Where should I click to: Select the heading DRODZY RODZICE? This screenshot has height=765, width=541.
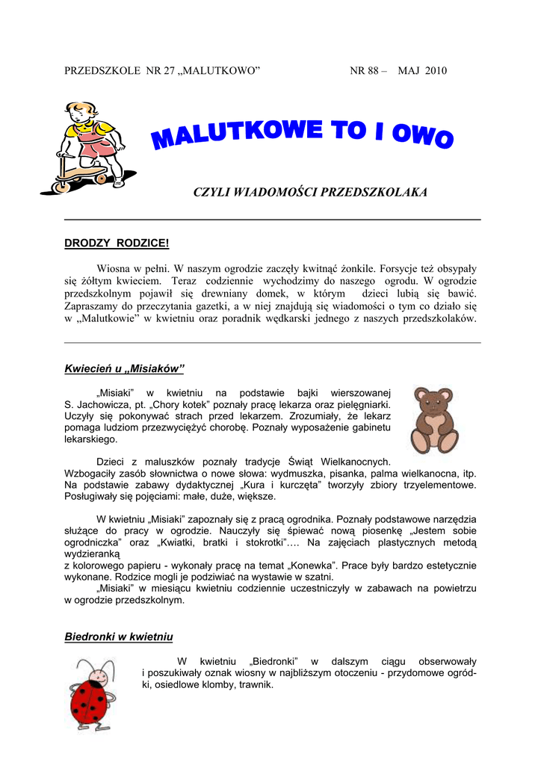coord(117,244)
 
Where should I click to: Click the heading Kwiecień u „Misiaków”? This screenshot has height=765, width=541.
coord(124,368)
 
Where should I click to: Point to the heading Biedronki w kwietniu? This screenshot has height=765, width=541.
coord(119,637)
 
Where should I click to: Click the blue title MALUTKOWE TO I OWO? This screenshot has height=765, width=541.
coord(302,137)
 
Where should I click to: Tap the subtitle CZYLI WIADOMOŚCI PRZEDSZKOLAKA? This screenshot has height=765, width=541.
coord(310,193)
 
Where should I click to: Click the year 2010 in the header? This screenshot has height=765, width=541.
coord(436,71)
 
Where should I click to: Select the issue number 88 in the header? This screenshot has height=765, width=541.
coord(374,71)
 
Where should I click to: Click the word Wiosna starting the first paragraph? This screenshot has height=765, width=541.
coord(114,267)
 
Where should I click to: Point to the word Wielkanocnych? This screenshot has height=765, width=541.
coord(353,462)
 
